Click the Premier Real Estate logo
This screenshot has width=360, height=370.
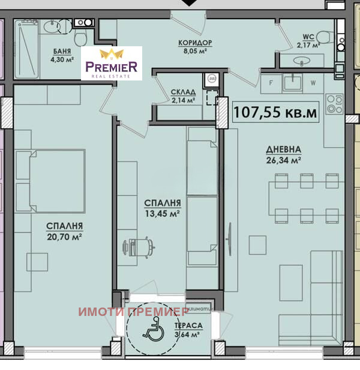tap(112, 63)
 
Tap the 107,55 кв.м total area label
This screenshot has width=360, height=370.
tap(275, 112)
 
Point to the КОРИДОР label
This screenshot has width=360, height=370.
tap(196, 43)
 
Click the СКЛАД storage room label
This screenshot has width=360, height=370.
tap(183, 92)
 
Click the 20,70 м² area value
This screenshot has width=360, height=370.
tap(64, 237)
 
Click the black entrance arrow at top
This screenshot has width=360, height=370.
tap(188, 3)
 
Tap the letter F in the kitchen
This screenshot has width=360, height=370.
tap(271, 82)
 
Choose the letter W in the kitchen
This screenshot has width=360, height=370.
tap(312, 82)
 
